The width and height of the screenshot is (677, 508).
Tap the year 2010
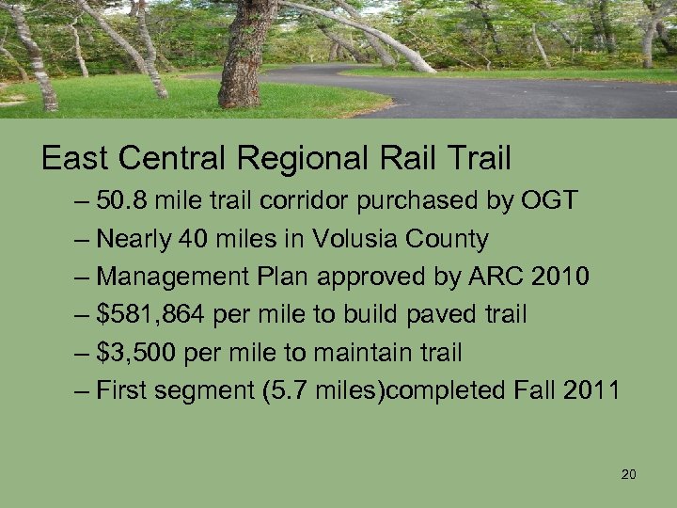pos(561,277)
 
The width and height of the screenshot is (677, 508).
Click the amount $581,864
pos(152,314)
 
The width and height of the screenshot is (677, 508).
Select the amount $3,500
pos(140,353)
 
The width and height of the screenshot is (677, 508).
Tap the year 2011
pos(590,390)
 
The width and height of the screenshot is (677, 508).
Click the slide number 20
pos(629,474)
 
